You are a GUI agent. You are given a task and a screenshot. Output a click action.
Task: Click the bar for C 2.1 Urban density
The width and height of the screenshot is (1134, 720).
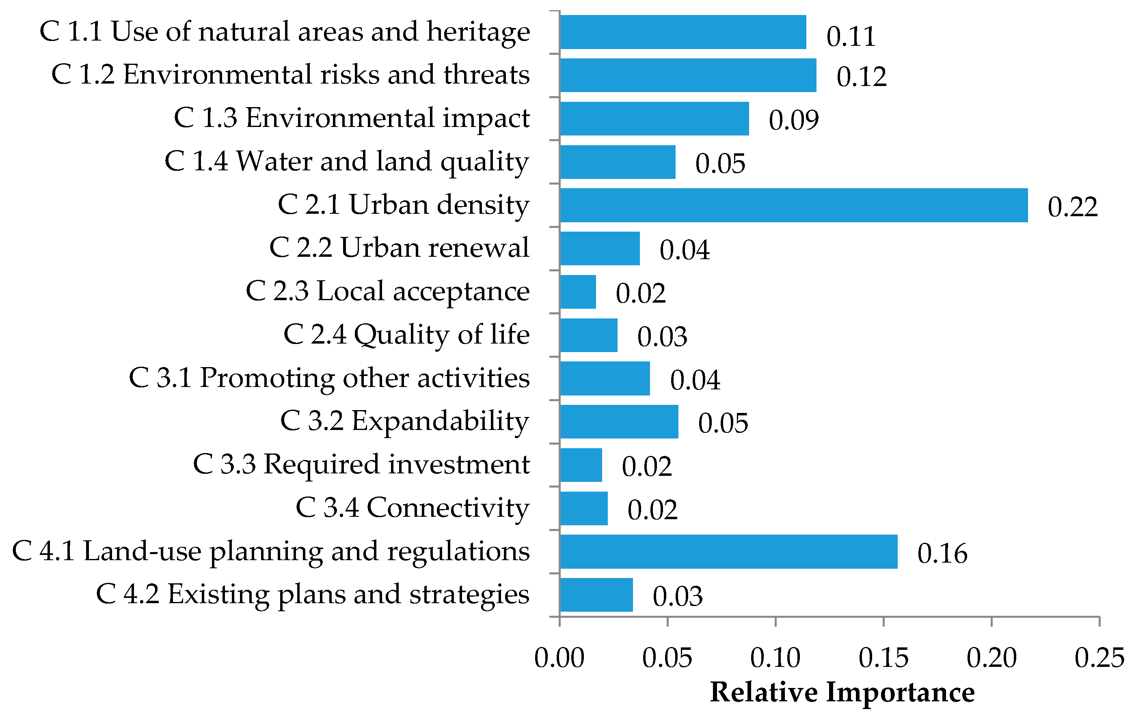pyautogui.click(x=793, y=205)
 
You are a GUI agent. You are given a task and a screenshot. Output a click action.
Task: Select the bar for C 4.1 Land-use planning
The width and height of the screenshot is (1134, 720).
pyautogui.click(x=728, y=552)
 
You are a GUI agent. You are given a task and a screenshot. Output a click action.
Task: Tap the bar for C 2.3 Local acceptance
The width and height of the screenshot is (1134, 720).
pyautogui.click(x=578, y=292)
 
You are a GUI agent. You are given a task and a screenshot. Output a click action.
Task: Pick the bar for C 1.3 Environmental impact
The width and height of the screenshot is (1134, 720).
pyautogui.click(x=654, y=118)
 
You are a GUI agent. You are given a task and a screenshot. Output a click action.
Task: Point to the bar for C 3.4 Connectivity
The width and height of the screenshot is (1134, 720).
pyautogui.click(x=584, y=508)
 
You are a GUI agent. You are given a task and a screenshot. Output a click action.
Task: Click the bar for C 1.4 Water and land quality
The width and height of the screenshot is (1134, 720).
pyautogui.click(x=618, y=162)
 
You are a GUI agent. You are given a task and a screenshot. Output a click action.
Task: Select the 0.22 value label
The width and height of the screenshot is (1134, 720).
pyautogui.click(x=1072, y=207)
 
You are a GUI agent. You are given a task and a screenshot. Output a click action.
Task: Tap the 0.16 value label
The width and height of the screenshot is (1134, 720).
pyautogui.click(x=942, y=553)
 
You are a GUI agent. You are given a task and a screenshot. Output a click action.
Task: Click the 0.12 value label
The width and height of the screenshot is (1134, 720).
pyautogui.click(x=861, y=77)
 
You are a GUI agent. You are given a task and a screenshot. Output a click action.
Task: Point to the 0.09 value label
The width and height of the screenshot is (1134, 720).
pyautogui.click(x=793, y=120)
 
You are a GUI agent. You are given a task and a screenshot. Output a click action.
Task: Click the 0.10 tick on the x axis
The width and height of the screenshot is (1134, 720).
pyautogui.click(x=775, y=658)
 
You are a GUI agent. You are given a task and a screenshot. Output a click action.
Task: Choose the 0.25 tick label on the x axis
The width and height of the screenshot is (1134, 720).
pyautogui.click(x=1099, y=658)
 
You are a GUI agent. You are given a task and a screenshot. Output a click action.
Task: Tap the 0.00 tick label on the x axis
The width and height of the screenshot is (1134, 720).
pyautogui.click(x=559, y=658)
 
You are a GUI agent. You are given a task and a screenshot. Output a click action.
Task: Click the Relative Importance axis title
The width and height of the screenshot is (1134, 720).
pyautogui.click(x=842, y=693)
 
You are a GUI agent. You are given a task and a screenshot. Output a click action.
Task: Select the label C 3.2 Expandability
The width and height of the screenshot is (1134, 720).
pyautogui.click(x=404, y=421)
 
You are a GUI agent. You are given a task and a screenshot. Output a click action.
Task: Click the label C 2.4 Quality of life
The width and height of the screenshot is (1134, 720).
pyautogui.click(x=406, y=335)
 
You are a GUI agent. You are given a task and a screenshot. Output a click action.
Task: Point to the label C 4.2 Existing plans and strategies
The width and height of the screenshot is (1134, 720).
pyautogui.click(x=313, y=595)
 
